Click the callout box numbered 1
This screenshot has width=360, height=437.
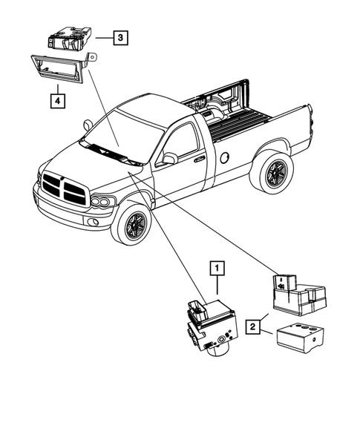tap(217, 267)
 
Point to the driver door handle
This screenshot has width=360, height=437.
tap(198, 158)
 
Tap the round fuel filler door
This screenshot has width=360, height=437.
tap(223, 157)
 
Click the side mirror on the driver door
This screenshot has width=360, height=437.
tap(170, 158)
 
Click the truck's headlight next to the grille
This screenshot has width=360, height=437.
tap(102, 201)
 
